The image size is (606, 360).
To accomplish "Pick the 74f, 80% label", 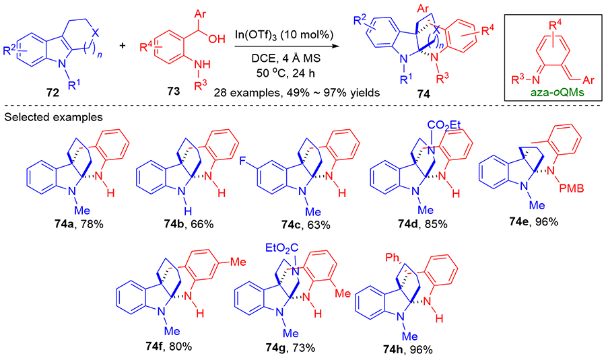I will click(x=169, y=347).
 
